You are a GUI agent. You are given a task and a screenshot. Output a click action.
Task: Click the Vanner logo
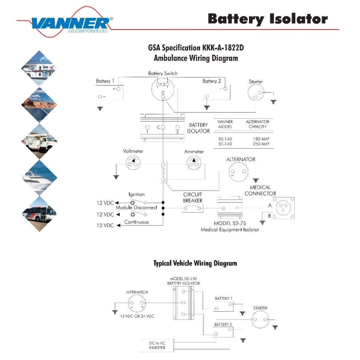pos(70,23)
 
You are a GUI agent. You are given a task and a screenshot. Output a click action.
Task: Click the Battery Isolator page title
pos(268,19)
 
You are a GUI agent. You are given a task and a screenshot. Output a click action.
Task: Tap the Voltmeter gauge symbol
pos(133,163)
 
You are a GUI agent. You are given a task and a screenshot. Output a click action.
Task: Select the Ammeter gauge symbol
pos(194,163)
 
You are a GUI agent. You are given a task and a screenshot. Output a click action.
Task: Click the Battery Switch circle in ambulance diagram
pos(163,89)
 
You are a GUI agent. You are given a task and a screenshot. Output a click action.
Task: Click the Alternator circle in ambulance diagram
pos(238,172)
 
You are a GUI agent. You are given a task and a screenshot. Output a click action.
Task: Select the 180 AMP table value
pos(261,139)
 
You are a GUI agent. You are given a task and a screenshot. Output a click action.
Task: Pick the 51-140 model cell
pos(225,144)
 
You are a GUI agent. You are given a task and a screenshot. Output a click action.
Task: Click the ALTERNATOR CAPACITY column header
pos(257,124)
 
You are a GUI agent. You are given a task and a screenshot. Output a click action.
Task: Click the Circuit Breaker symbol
pos(193,208)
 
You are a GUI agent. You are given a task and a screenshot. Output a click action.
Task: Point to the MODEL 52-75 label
pos(230,223)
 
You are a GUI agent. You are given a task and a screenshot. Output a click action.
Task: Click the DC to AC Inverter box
pos(157,345)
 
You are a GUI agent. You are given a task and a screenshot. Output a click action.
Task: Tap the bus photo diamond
pos(39,214)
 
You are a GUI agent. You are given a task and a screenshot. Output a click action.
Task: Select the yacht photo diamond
pos(39,177)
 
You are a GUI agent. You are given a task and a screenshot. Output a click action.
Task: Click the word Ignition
pos(136,194)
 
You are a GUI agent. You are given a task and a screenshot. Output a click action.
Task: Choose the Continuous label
pos(136,222)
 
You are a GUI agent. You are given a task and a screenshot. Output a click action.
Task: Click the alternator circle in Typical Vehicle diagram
pos(137,304)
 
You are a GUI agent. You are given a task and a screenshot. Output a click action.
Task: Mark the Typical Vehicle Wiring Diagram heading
pos(195,263)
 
